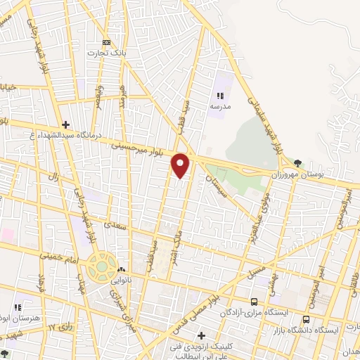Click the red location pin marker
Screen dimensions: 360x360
coord(181,165)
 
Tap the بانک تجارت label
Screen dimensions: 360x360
coord(105,53)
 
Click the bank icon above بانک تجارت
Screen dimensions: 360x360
coord(106,42)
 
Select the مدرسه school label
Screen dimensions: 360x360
coord(220,106)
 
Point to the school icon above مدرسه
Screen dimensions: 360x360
coord(220,96)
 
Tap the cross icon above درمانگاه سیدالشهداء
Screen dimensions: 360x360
coord(65,123)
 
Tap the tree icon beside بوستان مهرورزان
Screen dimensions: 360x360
coord(298,164)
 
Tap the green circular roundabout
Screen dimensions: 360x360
coord(103,268)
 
